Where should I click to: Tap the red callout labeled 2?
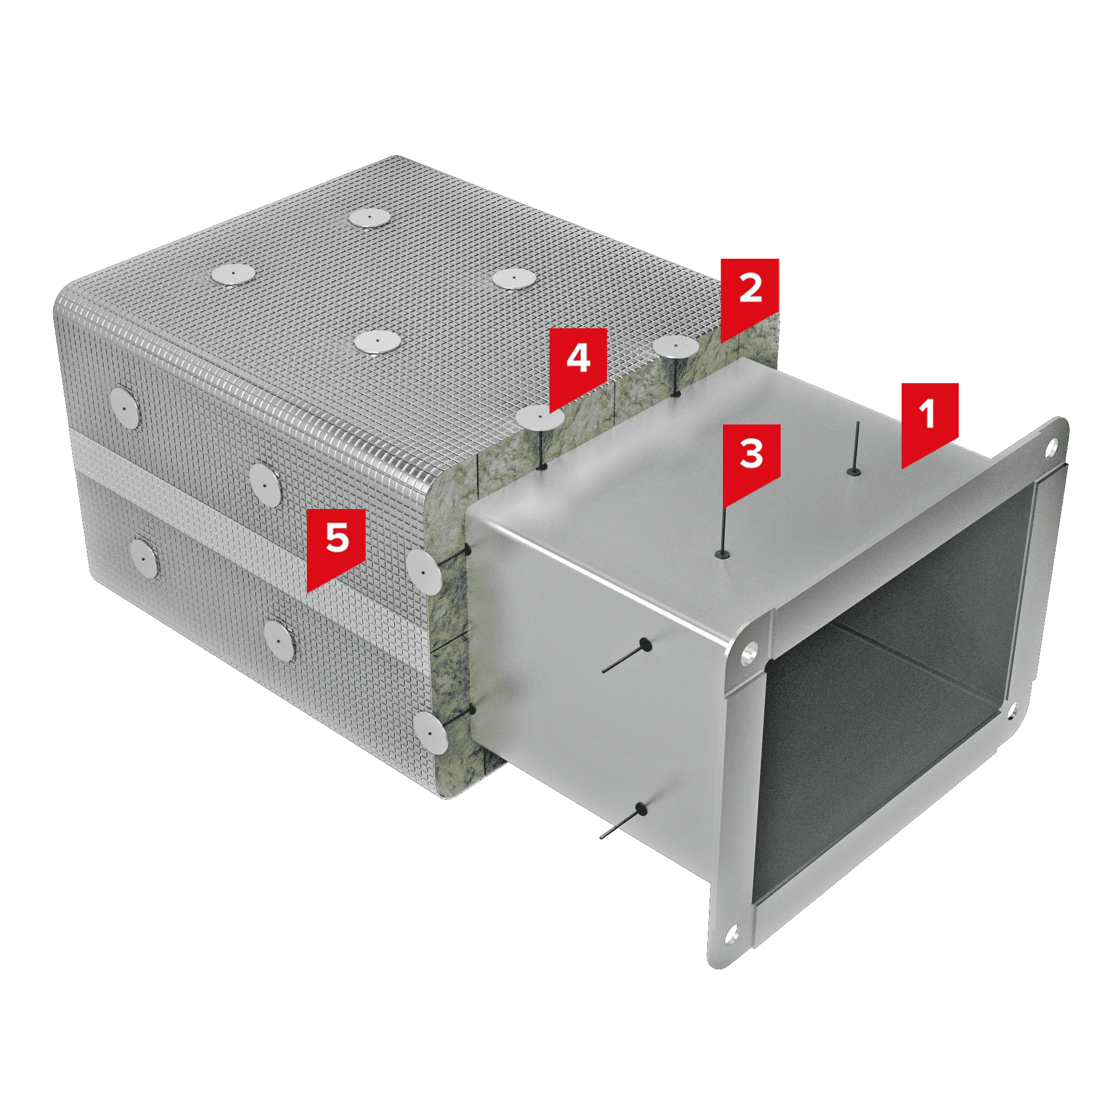point(750,294)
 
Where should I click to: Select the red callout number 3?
point(752,459)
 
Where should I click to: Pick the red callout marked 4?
point(578,364)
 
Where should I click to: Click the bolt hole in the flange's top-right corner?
point(1051,446)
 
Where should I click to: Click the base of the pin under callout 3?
point(722,554)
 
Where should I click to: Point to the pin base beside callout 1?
point(853,472)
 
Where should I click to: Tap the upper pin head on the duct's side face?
point(645,644)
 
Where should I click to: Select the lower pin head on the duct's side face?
point(641,809)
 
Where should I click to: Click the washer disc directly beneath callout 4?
point(540,418)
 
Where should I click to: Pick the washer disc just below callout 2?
point(676,346)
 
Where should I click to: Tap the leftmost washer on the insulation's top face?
point(233,274)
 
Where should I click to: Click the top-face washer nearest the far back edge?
point(370,217)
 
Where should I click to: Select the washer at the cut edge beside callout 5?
point(424,572)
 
